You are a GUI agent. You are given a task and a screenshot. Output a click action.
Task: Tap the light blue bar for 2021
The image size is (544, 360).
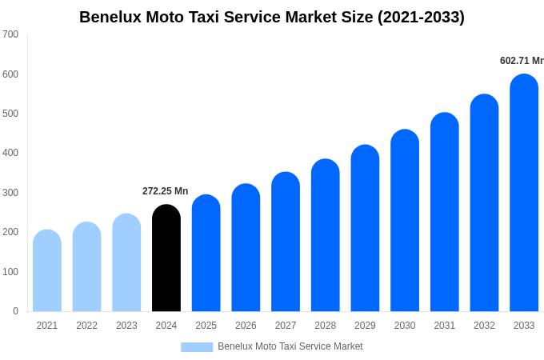(x=47, y=271)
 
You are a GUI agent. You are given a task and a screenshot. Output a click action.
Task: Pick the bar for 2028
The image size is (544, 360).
(x=326, y=236)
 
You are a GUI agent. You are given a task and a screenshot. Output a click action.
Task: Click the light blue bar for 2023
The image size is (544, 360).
(x=126, y=263)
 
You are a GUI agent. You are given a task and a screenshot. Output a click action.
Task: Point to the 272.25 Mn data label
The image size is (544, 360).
(x=165, y=191)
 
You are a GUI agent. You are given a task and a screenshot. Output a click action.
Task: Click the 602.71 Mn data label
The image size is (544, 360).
(x=521, y=61)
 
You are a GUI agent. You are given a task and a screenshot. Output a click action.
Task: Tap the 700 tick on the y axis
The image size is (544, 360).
(x=10, y=34)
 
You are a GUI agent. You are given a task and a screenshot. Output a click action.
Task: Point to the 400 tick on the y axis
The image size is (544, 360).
(x=10, y=153)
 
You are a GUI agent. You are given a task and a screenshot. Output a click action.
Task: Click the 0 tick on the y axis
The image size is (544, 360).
(x=15, y=311)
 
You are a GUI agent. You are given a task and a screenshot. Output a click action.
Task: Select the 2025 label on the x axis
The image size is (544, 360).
(x=206, y=326)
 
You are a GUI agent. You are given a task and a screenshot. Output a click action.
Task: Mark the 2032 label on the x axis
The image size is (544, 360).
(x=484, y=326)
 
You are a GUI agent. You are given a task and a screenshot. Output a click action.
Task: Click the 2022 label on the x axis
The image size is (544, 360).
(x=86, y=326)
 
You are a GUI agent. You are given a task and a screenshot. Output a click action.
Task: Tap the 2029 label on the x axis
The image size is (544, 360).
(x=365, y=326)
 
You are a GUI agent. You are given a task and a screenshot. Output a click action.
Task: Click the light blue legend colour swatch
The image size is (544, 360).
(x=197, y=347)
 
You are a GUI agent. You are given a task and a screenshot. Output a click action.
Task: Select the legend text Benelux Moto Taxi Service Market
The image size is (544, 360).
(x=290, y=346)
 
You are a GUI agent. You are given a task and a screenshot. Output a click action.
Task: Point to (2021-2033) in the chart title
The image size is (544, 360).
(x=421, y=17)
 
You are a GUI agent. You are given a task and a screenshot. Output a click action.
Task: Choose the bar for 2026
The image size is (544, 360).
(x=246, y=248)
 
